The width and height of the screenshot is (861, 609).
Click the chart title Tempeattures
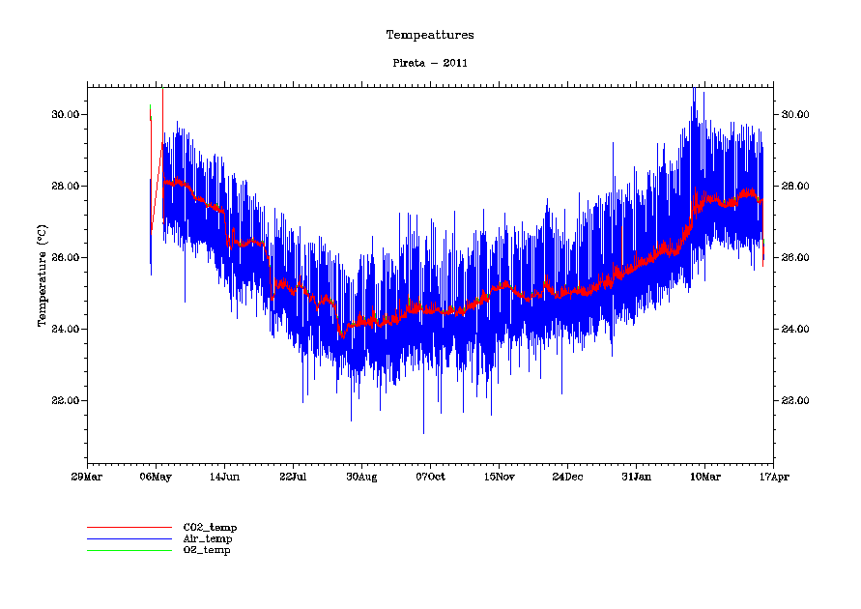(430, 35)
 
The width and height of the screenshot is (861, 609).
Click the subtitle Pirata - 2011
(430, 63)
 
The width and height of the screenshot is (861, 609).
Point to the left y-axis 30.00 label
(66, 114)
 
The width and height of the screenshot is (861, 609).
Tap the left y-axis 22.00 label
(66, 400)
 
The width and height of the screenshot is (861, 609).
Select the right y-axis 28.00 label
(795, 186)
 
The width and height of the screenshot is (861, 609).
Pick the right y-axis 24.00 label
(795, 329)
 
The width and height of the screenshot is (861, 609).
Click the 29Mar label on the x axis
(87, 476)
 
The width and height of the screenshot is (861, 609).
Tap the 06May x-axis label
(156, 476)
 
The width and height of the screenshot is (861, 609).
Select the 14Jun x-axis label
(224, 476)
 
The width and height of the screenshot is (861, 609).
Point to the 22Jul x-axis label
(293, 476)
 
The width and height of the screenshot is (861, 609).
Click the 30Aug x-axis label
(361, 476)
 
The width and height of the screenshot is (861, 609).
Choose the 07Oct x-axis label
(430, 476)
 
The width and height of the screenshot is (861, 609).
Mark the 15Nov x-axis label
(499, 476)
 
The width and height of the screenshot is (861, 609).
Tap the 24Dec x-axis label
(567, 476)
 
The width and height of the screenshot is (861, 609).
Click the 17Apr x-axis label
(773, 476)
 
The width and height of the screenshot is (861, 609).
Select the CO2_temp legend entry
(210, 527)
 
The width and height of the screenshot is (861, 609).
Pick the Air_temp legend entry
(208, 538)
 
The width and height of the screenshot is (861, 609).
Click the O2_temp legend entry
(207, 550)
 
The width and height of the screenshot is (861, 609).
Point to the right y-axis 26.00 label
(795, 257)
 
